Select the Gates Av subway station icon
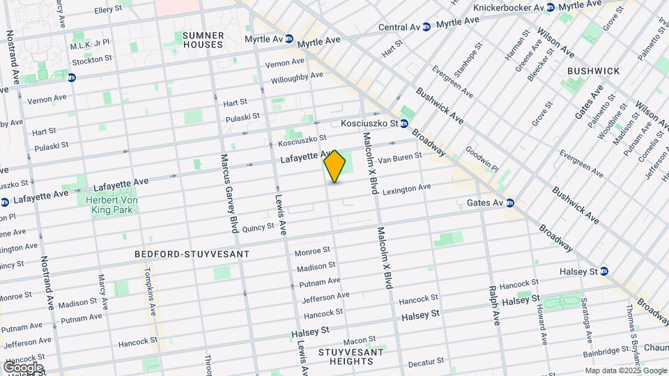click(510, 203)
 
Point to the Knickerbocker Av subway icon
click(551, 8)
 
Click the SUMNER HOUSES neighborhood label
click(203, 40)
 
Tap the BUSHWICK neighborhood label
click(593, 71)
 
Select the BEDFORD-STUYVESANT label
click(192, 254)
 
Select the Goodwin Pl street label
click(482, 158)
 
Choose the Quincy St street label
click(258, 226)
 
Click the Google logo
click(22, 367)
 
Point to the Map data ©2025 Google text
click(625, 370)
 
